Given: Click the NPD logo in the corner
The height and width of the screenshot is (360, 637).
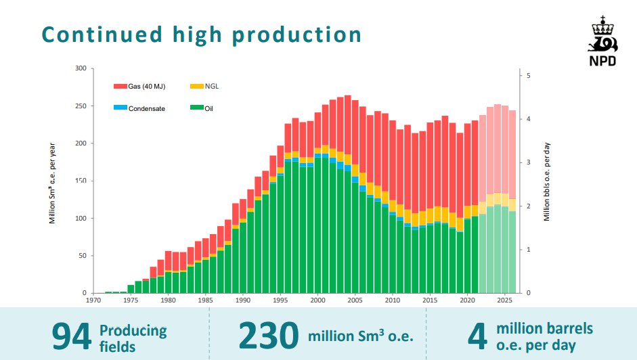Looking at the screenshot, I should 603,43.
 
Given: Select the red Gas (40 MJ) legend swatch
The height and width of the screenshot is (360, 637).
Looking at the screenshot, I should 120,87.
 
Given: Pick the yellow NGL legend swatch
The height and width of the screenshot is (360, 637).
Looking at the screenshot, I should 196,87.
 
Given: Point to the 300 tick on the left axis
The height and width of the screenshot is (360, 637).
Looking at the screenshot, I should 81,68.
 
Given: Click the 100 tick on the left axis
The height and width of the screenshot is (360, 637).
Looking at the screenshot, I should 81,219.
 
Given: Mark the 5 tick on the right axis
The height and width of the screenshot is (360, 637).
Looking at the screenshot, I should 529,75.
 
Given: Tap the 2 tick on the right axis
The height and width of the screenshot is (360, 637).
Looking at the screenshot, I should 529,206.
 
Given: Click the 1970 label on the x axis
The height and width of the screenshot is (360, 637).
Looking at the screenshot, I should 94,300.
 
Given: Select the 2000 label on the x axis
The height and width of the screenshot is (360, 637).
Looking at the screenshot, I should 317,300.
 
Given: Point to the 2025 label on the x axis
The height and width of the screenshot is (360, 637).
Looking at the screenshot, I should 504,300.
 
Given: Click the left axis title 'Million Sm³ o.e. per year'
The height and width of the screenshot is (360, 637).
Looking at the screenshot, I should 51,182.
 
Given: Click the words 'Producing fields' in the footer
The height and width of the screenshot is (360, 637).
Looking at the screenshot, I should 133,338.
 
